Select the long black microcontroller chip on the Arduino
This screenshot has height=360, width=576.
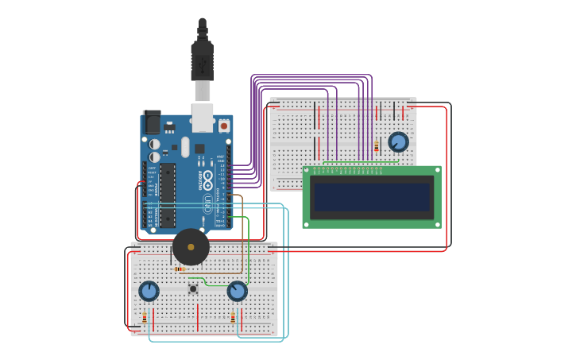point(168,195)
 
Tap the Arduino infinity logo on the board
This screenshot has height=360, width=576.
point(208,178)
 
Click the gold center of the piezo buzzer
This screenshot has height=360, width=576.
point(191,247)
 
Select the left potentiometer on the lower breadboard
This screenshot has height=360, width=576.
point(149,291)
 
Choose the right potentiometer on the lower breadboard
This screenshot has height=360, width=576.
point(237,291)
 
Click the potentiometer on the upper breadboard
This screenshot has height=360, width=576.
point(398,142)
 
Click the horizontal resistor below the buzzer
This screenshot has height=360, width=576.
point(180,269)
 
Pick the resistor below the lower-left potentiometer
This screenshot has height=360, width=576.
point(145,318)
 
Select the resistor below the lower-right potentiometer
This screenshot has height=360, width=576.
point(233,318)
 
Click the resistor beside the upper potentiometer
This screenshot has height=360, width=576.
point(376,146)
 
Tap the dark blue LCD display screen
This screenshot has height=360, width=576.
point(371,197)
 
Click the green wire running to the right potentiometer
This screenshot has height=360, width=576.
point(249,246)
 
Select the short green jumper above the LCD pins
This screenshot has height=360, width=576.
point(358,162)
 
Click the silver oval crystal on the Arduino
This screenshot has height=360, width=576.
point(185,147)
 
